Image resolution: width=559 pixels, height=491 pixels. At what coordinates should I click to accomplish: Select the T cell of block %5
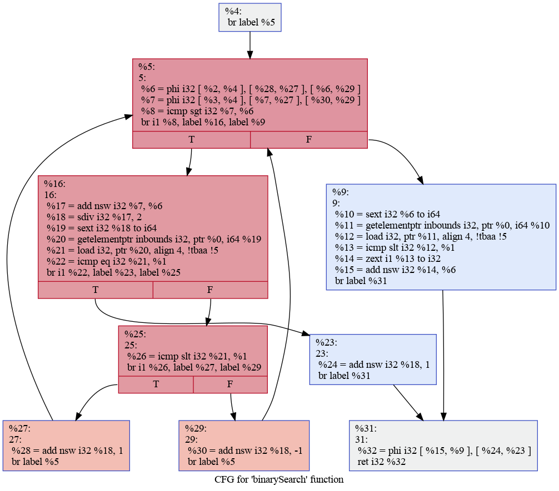pyautogui.click(x=191, y=140)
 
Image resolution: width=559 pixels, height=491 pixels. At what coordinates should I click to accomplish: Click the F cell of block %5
pyautogui.click(x=308, y=140)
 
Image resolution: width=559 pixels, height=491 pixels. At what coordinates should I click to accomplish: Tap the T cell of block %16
pyautogui.click(x=96, y=290)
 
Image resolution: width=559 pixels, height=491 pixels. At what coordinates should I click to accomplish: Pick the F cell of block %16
pyautogui.click(x=210, y=290)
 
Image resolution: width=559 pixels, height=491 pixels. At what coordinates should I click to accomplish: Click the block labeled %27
pyautogui.click(x=66, y=446)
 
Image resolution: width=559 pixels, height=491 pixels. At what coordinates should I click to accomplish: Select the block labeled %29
pyautogui.click(x=243, y=446)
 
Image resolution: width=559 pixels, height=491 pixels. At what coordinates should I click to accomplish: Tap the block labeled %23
pyautogui.click(x=372, y=360)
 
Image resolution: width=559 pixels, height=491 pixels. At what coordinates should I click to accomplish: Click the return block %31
pyautogui.click(x=443, y=446)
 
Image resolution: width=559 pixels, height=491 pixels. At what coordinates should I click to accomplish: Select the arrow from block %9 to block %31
pyautogui.click(x=443, y=355)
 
